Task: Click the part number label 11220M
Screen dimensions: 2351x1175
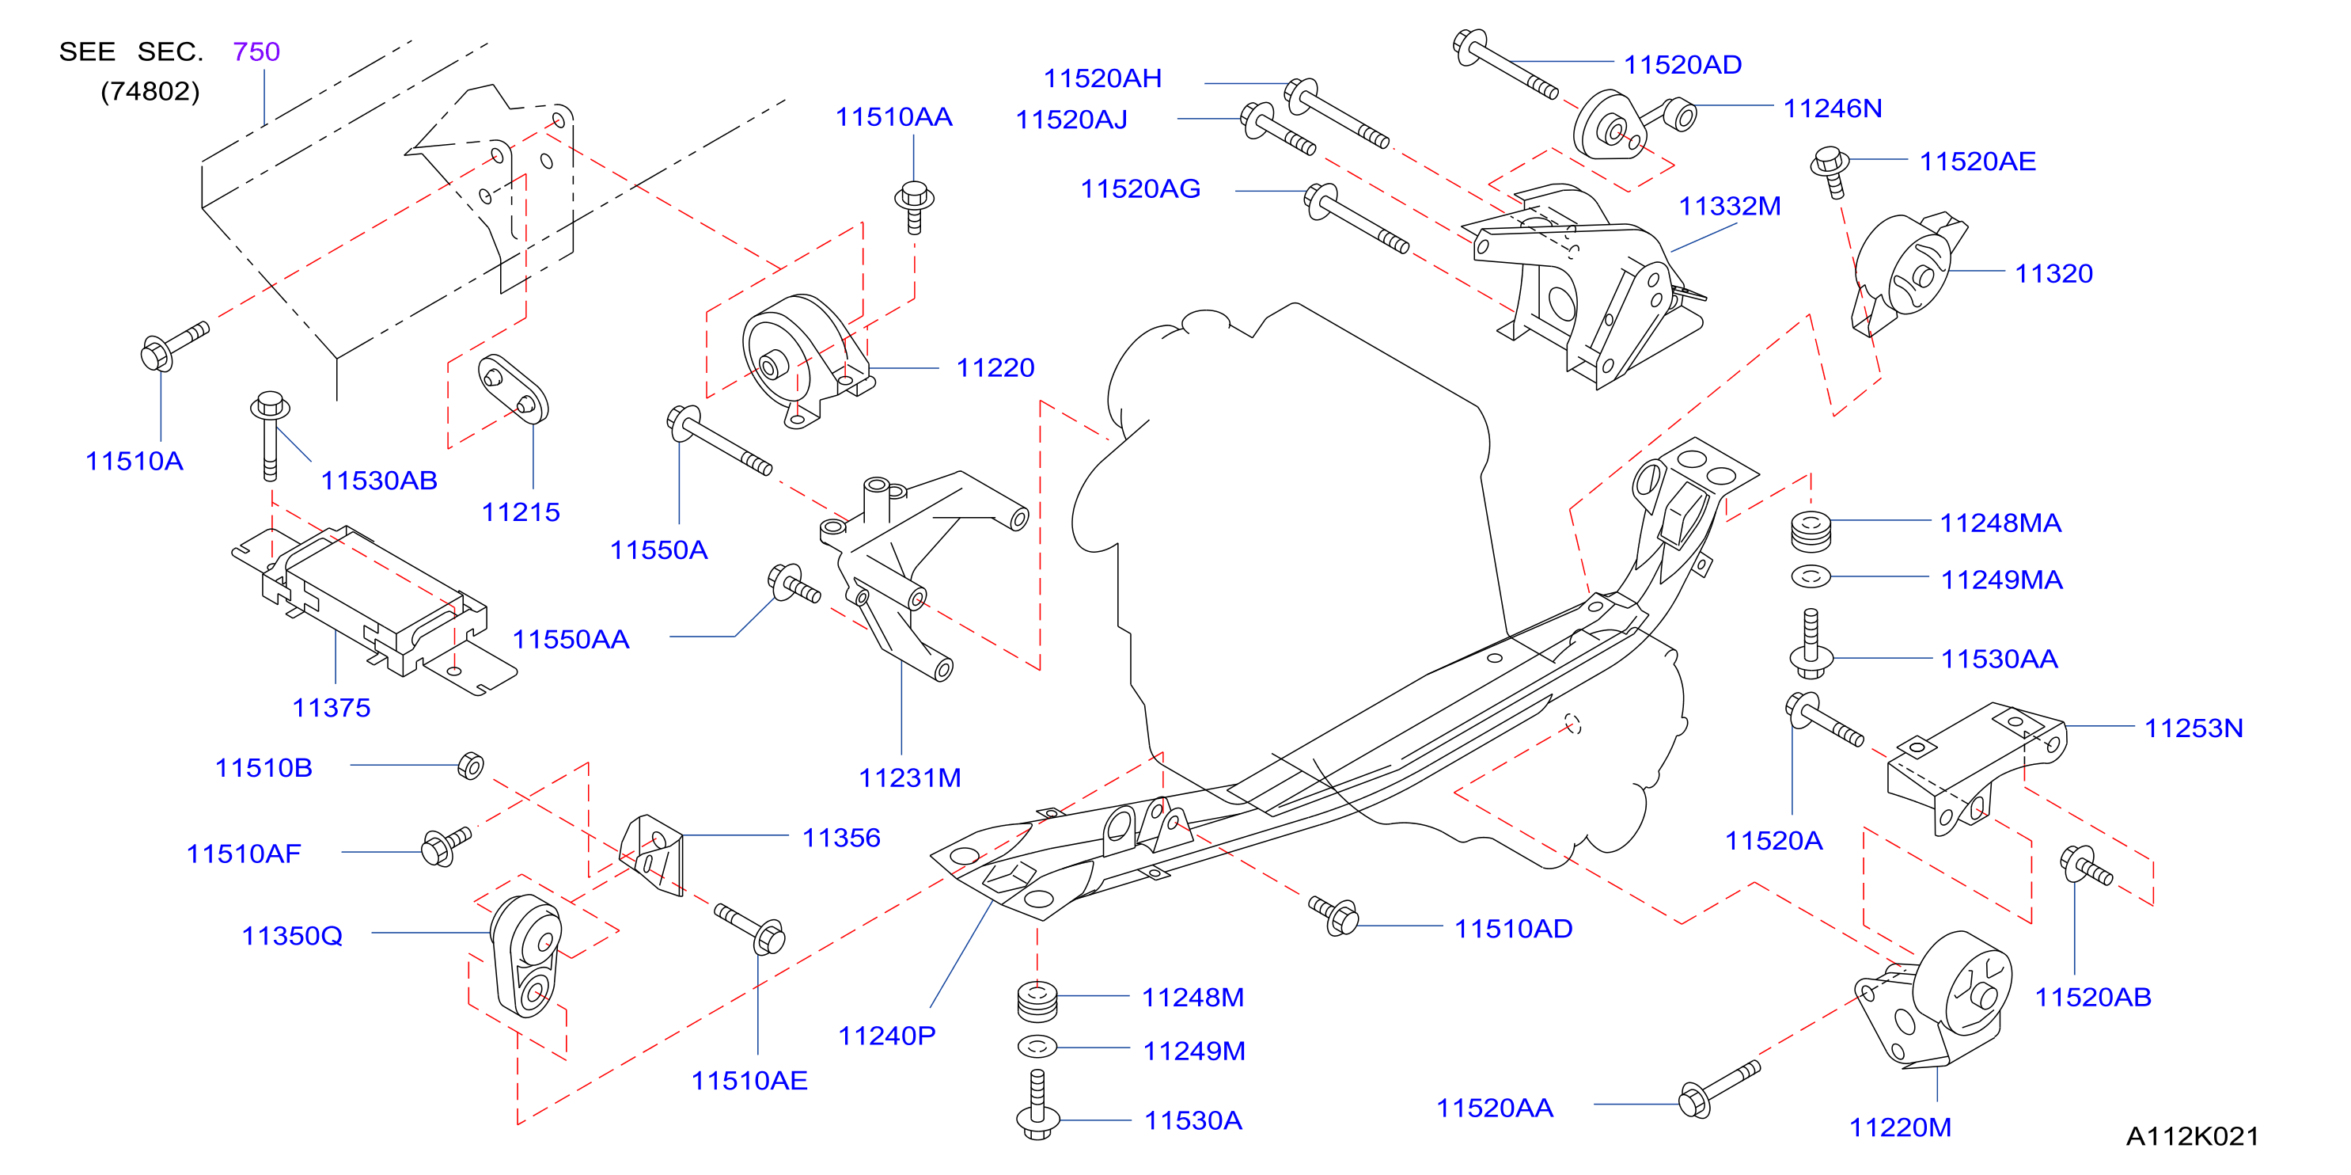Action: tap(1900, 1127)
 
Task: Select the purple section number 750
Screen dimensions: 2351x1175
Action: tap(256, 51)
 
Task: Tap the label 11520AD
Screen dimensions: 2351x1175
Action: tap(1683, 65)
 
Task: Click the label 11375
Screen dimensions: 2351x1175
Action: tap(332, 708)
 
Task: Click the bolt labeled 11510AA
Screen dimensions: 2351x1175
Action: tap(915, 207)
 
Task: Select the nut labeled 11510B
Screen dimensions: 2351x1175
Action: tap(471, 765)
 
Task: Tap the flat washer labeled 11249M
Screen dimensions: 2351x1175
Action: tap(1037, 1046)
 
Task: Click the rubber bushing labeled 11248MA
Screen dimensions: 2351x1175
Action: tap(1811, 531)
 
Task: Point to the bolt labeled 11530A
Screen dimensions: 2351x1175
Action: tap(1037, 1105)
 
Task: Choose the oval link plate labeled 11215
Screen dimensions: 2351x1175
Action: tap(513, 389)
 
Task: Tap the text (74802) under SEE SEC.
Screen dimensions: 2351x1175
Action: tap(150, 91)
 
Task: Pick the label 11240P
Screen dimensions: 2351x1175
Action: tap(887, 1036)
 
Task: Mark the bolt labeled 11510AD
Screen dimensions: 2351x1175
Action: tap(1333, 915)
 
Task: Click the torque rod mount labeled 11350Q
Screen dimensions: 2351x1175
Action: tap(526, 956)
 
